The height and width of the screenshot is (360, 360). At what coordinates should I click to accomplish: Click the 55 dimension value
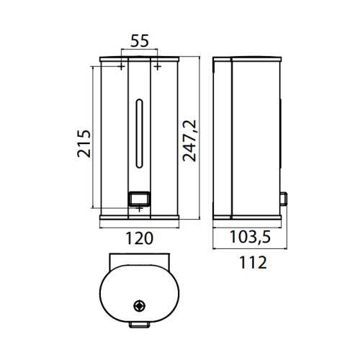pos(140,41)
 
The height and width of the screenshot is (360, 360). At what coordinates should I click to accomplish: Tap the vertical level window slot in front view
pos(140,126)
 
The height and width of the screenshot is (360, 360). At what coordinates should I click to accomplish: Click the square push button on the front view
pos(139,197)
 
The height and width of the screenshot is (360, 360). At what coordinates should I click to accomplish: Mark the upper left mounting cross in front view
pos(121,67)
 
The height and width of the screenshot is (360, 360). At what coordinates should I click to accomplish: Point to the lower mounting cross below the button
pos(139,210)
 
